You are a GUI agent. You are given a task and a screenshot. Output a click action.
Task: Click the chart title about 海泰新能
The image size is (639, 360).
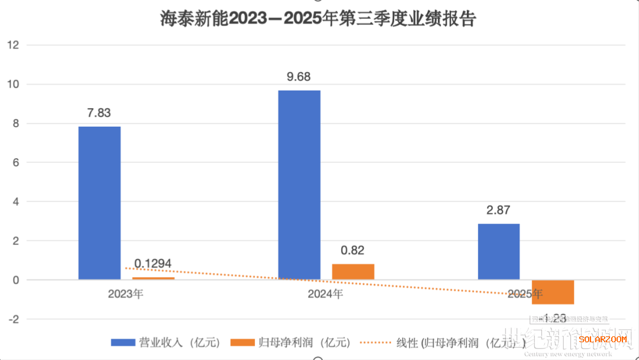(x=319, y=19)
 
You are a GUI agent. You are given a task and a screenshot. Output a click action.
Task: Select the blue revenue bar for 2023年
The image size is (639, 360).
(x=99, y=202)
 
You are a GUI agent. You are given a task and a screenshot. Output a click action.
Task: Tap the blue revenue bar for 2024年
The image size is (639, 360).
(x=299, y=185)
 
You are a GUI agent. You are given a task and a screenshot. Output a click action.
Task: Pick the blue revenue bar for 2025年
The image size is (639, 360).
(x=499, y=251)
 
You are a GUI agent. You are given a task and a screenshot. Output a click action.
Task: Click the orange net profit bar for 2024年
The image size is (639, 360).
(x=353, y=271)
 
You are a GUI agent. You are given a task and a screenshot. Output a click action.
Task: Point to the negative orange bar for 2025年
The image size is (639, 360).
(x=553, y=291)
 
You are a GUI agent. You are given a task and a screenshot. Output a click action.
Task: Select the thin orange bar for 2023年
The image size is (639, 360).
(x=153, y=278)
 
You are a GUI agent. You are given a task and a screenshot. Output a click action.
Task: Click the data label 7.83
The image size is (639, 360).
(x=99, y=113)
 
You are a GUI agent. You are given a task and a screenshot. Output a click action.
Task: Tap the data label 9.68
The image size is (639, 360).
(x=299, y=77)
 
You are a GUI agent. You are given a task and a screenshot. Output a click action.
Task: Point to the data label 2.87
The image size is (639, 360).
(x=498, y=210)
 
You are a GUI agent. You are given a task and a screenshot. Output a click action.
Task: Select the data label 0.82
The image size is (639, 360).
(x=353, y=250)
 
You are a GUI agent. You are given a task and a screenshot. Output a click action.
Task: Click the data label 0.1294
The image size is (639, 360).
(x=153, y=263)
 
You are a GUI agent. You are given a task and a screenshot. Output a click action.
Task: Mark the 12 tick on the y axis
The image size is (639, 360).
(x=14, y=45)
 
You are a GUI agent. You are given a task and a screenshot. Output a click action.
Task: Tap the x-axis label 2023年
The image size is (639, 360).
(x=125, y=294)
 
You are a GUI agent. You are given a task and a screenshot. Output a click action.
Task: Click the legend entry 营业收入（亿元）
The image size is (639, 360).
(x=167, y=342)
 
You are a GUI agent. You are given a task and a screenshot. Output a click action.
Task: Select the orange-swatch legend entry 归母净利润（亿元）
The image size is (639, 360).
(x=293, y=342)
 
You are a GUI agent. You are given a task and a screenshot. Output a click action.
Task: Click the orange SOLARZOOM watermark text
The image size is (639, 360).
(x=602, y=339)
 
